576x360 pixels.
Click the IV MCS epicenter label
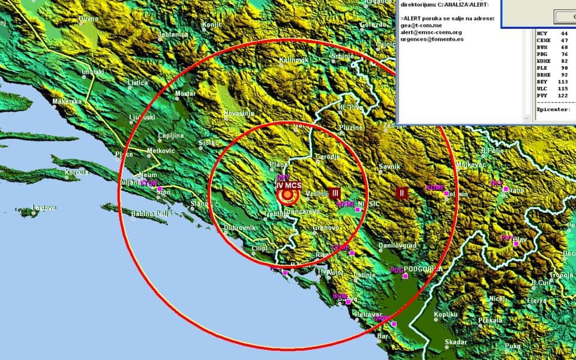[289, 185]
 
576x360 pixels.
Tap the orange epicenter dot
[289, 194]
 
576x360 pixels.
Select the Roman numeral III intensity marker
[335, 193]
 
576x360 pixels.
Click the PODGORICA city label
[423, 269]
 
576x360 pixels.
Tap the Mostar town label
[185, 94]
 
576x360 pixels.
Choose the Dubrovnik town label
[240, 228]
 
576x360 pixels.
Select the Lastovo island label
[44, 208]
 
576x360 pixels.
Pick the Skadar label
[456, 342]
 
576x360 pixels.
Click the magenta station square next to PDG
[406, 276]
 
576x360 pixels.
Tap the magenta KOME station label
[435, 188]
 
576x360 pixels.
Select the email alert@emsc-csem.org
[431, 32]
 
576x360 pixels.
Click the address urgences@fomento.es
[431, 40]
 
